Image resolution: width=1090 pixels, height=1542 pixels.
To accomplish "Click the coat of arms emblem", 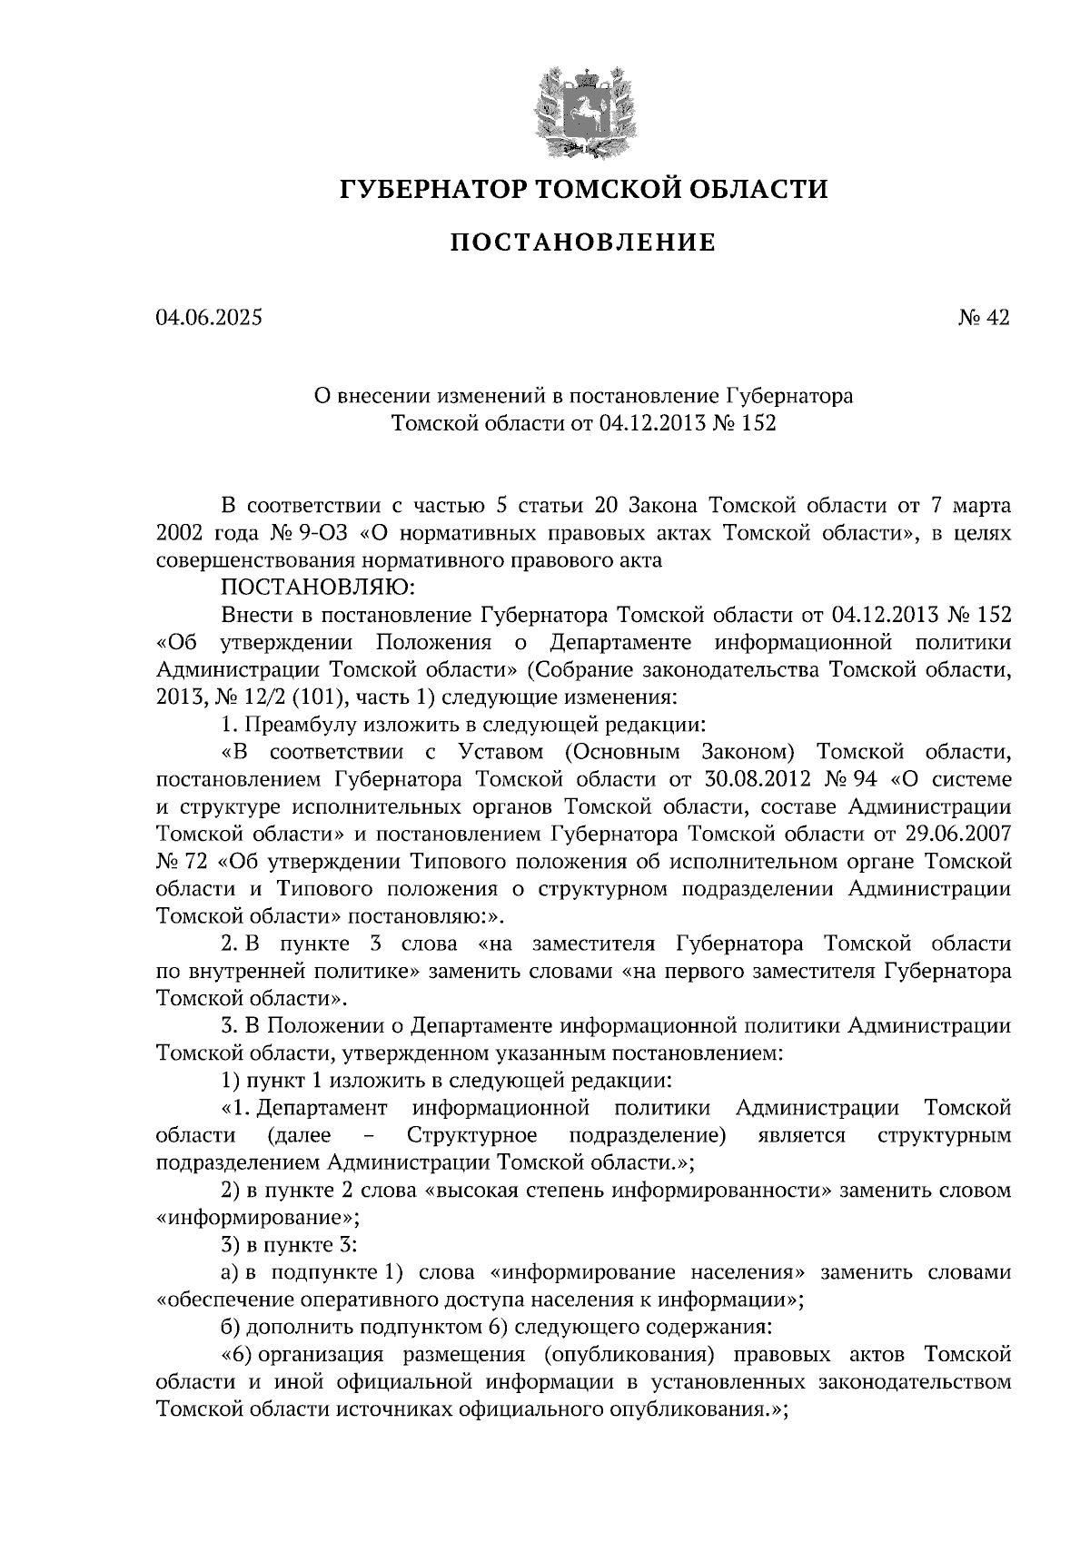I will click(583, 107).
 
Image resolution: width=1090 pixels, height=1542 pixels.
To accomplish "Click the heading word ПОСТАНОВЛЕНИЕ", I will click(583, 243).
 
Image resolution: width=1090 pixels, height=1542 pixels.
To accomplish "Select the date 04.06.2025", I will click(208, 317).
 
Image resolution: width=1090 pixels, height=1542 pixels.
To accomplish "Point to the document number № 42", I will click(984, 317).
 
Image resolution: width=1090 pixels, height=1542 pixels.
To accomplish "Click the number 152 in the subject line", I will click(758, 422).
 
